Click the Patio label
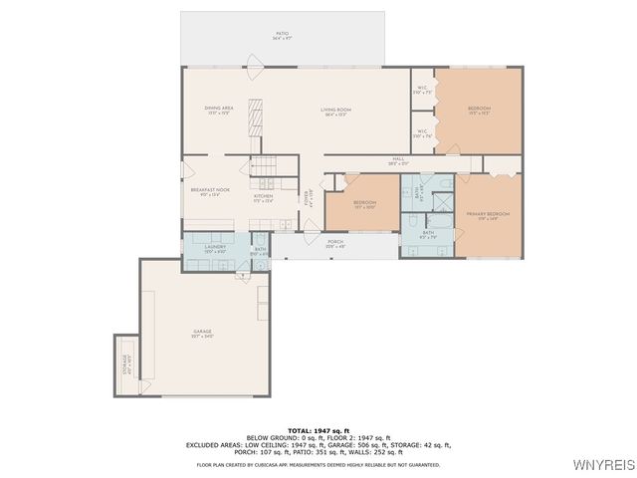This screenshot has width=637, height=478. [x=283, y=36]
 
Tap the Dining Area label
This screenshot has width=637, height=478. [x=219, y=110]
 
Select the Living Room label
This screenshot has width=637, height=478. [x=335, y=111]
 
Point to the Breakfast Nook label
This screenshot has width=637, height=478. [x=210, y=191]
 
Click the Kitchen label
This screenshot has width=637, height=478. [x=263, y=197]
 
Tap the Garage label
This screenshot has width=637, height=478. [x=202, y=334]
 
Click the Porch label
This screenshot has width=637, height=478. [x=335, y=243]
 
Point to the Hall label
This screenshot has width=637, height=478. [x=398, y=160]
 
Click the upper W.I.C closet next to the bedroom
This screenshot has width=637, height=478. [x=422, y=90]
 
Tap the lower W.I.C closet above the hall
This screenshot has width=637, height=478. [x=422, y=131]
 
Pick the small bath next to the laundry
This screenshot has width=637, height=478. [x=259, y=251]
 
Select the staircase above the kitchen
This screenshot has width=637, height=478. [x=264, y=166]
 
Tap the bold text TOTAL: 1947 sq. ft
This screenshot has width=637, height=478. [x=318, y=429]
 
